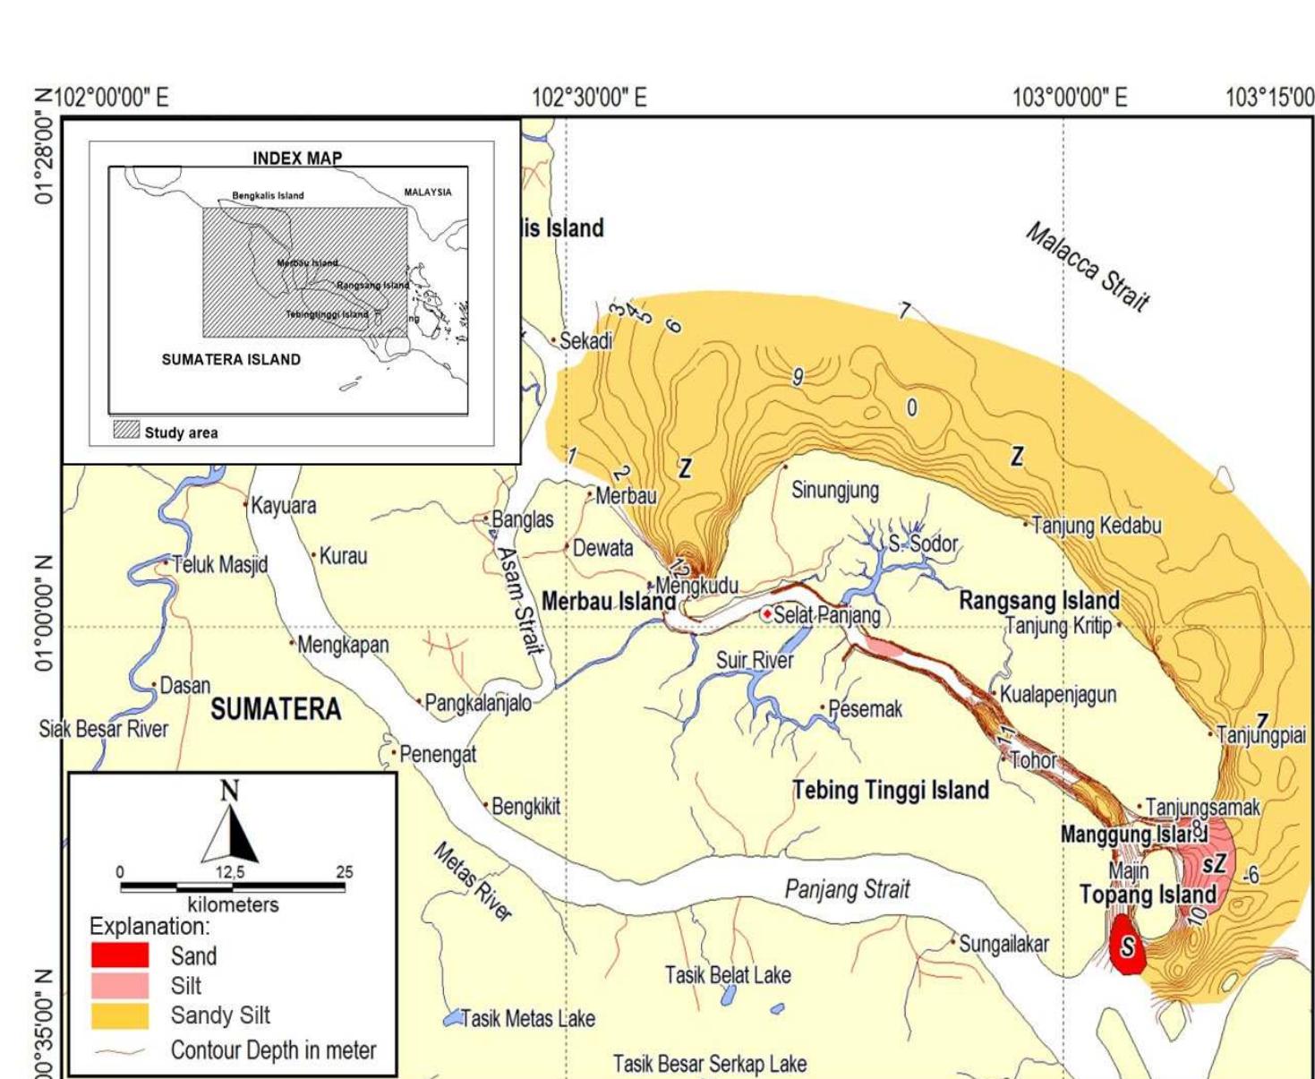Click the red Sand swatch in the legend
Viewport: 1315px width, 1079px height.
(x=119, y=955)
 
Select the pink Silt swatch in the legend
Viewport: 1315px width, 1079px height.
(x=119, y=986)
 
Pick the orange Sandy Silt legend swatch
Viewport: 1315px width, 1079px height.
(x=119, y=1015)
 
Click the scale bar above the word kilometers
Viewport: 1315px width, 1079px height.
(x=232, y=887)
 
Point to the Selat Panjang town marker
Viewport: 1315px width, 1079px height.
(x=767, y=614)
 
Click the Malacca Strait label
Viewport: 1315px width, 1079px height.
(x=1087, y=267)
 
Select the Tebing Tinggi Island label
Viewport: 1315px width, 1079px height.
(x=891, y=791)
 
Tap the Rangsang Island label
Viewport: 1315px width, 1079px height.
(x=1038, y=600)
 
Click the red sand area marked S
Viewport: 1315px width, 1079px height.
(x=1126, y=946)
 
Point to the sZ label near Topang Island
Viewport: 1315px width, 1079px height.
(x=1214, y=865)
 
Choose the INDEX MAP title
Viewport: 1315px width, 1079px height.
(x=297, y=158)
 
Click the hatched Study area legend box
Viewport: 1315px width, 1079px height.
(x=126, y=431)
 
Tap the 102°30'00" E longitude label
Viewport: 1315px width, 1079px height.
(x=588, y=97)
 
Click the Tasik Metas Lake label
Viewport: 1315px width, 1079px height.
(x=527, y=1019)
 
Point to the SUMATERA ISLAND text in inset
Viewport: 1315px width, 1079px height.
(x=231, y=360)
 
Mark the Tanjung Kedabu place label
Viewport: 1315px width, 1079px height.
(x=1096, y=526)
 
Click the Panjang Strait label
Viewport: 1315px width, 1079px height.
(x=847, y=890)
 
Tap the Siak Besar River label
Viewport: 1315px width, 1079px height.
(x=103, y=729)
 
